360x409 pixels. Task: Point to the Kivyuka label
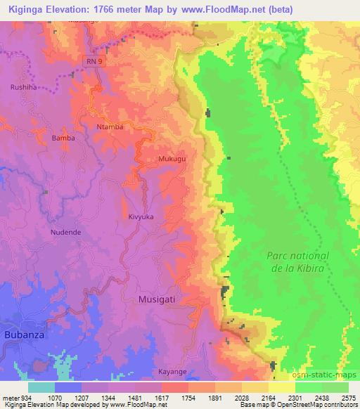[x=141, y=217]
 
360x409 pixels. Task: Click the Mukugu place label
[x=172, y=160]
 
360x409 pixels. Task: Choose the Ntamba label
[x=110, y=126]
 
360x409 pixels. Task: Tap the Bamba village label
[x=63, y=138]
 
